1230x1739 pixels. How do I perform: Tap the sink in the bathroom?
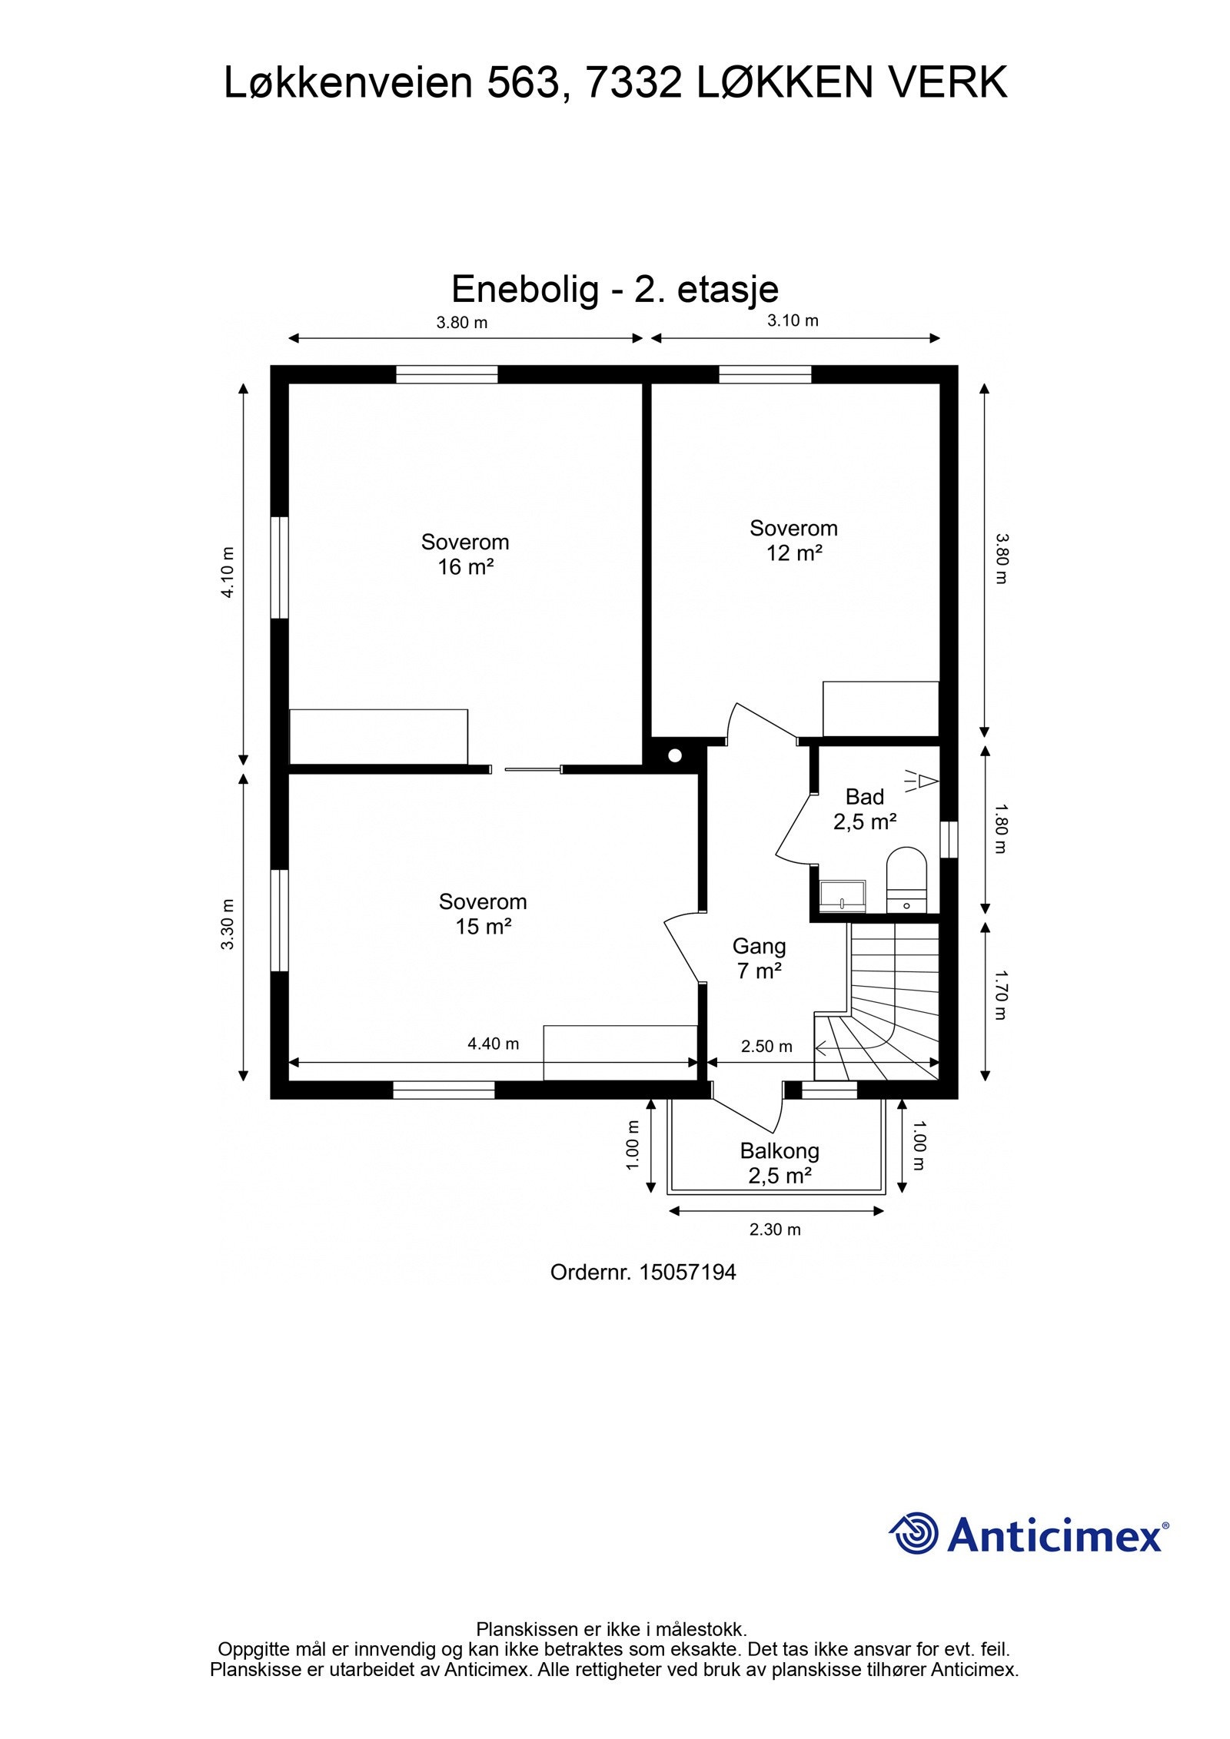(x=842, y=894)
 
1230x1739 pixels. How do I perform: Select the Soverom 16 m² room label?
(x=464, y=554)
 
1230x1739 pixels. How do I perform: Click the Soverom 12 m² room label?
(x=793, y=540)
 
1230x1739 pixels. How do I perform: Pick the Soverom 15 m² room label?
(x=483, y=914)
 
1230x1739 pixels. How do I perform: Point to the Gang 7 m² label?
(x=759, y=958)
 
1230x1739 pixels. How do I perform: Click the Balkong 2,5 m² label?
(x=780, y=1163)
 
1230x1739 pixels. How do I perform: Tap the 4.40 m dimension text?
(x=493, y=1044)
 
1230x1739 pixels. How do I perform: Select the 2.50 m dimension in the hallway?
(x=766, y=1046)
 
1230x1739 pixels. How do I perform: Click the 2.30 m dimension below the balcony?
(x=775, y=1230)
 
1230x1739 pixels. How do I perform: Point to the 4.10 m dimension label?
(x=228, y=572)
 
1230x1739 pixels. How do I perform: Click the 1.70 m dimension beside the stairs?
(x=999, y=995)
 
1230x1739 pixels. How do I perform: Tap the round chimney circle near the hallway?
(x=675, y=755)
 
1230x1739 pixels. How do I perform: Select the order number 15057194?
(x=687, y=1273)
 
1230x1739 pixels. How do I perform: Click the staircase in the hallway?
(x=892, y=1007)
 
